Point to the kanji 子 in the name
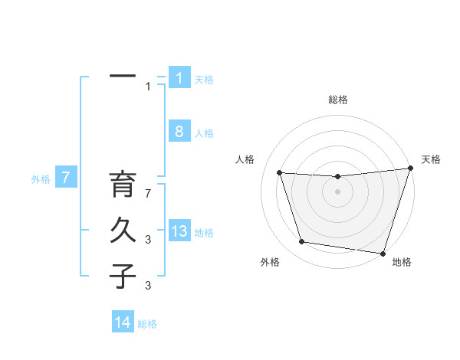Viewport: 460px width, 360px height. (123, 276)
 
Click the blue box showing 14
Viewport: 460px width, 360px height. (123, 323)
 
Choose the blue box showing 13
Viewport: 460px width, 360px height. (179, 231)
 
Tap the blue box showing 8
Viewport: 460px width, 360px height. (179, 131)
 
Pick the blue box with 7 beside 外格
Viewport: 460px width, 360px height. (66, 178)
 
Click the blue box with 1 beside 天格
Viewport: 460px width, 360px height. (179, 77)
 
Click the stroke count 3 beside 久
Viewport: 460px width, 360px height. (149, 240)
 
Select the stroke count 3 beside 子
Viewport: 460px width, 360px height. (149, 286)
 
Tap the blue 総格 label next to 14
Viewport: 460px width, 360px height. (147, 324)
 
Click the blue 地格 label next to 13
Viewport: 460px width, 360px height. (204, 233)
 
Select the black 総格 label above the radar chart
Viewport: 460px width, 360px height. (337, 100)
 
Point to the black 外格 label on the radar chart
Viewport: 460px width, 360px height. (270, 262)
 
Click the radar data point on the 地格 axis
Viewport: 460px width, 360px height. (382, 253)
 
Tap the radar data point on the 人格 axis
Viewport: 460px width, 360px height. (280, 173)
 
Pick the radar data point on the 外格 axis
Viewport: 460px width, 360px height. (302, 242)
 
